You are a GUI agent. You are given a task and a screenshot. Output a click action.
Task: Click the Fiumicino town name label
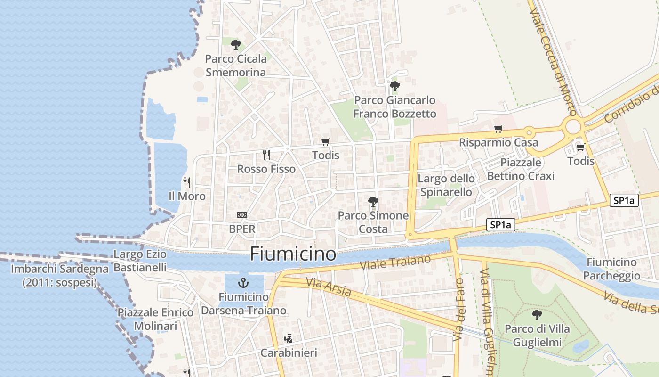tap(293, 254)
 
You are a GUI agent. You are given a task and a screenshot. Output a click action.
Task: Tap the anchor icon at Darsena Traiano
tap(243, 283)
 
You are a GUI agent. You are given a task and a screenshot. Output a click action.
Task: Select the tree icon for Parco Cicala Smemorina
tap(236, 45)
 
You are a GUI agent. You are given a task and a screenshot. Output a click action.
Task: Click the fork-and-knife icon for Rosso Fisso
tap(266, 155)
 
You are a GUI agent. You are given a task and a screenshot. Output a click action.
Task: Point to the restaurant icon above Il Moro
tap(187, 182)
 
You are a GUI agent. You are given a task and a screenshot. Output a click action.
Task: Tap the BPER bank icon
tap(242, 215)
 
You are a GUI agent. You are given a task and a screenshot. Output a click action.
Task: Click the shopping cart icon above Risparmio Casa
tap(498, 129)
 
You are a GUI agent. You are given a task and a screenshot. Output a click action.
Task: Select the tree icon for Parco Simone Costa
tap(373, 202)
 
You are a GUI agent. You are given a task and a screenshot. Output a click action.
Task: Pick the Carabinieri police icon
tap(289, 338)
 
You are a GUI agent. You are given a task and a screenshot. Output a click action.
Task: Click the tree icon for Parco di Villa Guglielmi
tap(537, 314)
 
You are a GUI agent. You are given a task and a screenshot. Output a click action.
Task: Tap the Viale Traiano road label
tap(395, 262)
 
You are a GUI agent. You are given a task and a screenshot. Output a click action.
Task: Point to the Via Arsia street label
tap(328, 287)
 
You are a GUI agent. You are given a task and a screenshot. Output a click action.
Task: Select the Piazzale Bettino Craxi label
tap(521, 169)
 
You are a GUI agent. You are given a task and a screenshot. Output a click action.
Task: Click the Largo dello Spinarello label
tap(446, 185)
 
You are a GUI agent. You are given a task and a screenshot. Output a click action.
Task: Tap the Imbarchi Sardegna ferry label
tap(60, 276)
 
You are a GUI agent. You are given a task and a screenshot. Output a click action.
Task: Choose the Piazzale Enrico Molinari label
tap(155, 319)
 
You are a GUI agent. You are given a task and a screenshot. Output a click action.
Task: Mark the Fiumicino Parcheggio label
tap(611, 269)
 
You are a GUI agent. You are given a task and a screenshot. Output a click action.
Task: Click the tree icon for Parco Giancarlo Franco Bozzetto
tap(394, 86)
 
